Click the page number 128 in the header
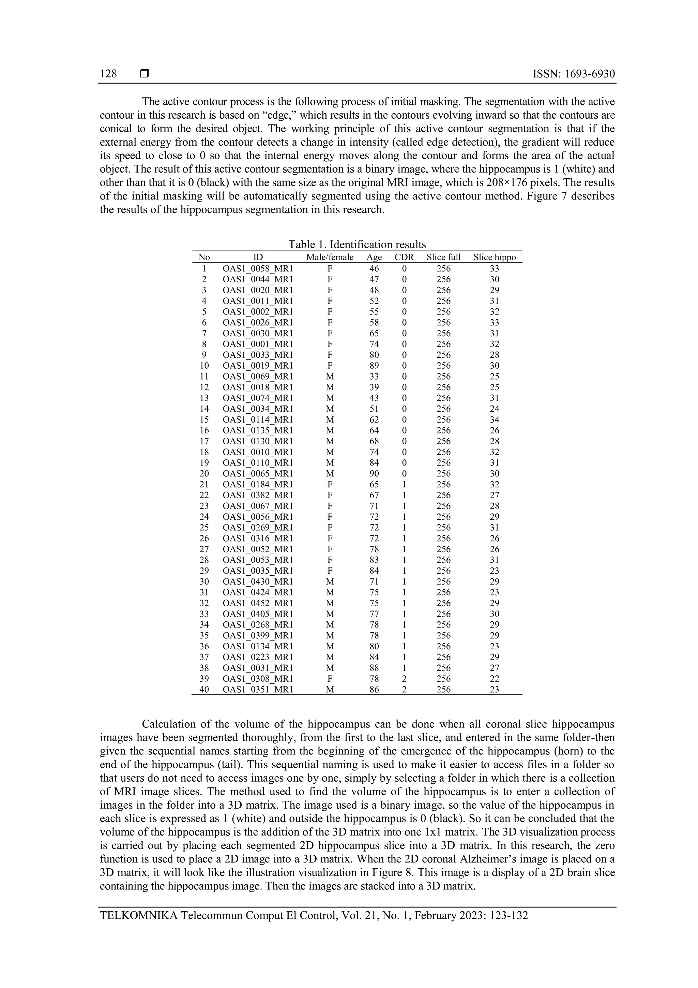point(108,74)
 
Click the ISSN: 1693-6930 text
point(574,74)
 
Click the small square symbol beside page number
point(144,74)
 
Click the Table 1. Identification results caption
point(357,245)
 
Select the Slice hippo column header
point(495,257)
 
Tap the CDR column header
point(404,257)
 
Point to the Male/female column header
point(330,257)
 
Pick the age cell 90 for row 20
point(374,473)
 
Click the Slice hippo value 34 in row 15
point(495,419)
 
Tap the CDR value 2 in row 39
point(404,679)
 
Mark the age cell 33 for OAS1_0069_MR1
point(374,377)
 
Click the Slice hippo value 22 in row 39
point(495,679)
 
